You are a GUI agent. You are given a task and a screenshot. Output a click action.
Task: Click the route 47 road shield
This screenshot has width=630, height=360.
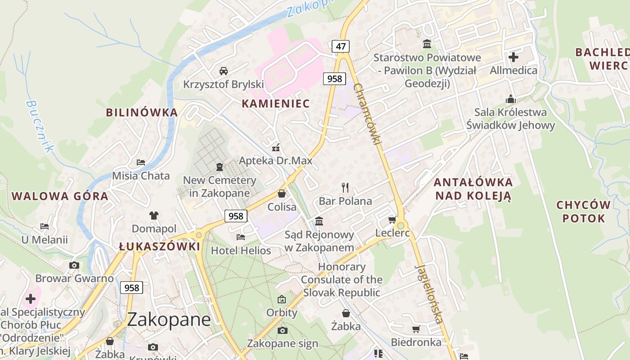pos(341,46)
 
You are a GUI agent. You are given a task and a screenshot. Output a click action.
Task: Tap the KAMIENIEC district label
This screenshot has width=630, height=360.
pos(275,103)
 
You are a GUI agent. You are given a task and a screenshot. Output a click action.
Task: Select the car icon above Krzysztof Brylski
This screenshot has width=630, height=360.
pos(223,71)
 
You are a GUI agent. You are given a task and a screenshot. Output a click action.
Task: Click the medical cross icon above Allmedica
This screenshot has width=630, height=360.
pos(513,57)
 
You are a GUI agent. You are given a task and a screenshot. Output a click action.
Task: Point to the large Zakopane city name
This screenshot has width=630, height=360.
pos(169,319)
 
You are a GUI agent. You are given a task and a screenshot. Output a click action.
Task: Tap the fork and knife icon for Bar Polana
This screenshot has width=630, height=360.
pos(345,187)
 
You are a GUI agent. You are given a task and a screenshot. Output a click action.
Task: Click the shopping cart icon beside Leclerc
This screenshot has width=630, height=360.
pos(392,220)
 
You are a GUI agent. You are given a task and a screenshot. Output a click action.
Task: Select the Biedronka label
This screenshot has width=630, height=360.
pos(416,342)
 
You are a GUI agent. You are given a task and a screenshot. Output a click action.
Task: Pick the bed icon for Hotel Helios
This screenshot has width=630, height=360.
pos(241,237)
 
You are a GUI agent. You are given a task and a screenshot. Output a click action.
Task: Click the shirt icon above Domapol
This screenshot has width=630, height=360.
pos(154,216)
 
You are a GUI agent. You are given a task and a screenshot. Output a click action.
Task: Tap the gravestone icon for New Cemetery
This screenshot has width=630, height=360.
pos(220,167)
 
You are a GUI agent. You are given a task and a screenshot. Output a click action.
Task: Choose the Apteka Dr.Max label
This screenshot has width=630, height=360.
pos(275,161)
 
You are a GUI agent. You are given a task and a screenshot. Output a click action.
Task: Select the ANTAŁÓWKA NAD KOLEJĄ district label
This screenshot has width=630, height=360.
pos(472,189)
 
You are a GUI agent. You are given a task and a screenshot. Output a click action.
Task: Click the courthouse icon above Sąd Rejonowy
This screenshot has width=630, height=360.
pos(319,221)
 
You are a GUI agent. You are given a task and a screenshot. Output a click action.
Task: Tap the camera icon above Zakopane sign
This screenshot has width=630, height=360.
pos(282,331)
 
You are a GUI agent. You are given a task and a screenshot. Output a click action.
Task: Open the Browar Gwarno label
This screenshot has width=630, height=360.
pos(74,279)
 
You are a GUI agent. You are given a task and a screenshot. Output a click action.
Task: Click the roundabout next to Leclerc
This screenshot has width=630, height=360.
pos(400,225)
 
